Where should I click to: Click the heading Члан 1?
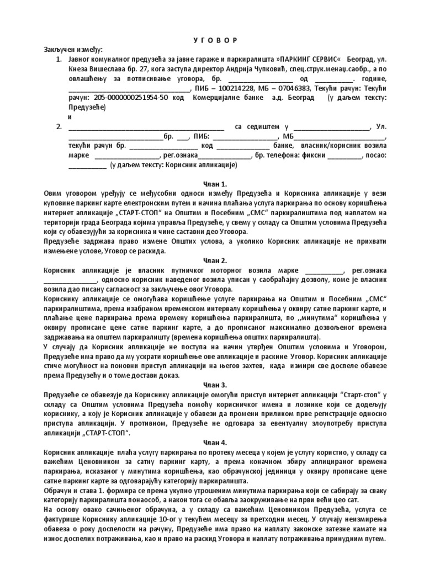[211, 183]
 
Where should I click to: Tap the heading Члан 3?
[211, 385]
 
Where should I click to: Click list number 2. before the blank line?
[60, 127]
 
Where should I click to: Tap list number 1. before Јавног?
[60, 59]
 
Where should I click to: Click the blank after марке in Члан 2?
[324, 270]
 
